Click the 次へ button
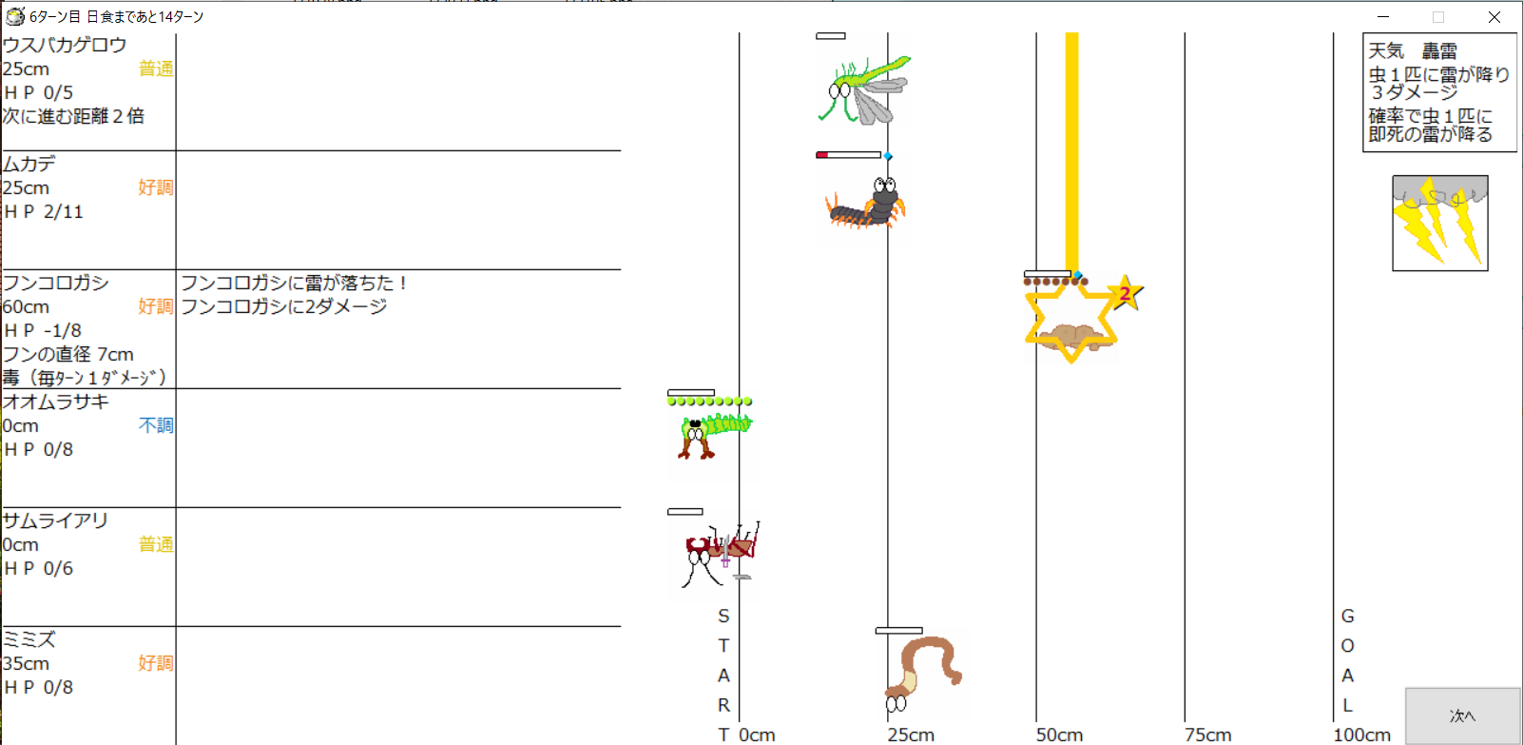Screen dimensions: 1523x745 tap(1462, 716)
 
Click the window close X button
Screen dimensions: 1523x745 tap(1494, 17)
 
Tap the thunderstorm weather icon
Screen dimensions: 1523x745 tap(1440, 224)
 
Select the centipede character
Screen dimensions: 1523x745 tap(865, 203)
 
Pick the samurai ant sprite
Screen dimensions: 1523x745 tap(721, 555)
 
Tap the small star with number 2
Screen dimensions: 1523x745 tap(1126, 293)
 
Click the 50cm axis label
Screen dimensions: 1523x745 tap(1059, 735)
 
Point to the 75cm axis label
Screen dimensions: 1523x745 tap(1207, 735)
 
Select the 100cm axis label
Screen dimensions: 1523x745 tap(1362, 735)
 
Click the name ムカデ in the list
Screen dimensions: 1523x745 tap(29, 164)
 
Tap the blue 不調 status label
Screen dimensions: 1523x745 tap(156, 426)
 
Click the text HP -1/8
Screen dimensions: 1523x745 tap(43, 331)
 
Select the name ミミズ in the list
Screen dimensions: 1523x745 tap(29, 639)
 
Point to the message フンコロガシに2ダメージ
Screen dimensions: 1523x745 tap(284, 306)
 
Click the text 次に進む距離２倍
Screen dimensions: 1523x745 tap(73, 116)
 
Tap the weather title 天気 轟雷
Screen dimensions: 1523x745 tap(1412, 51)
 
